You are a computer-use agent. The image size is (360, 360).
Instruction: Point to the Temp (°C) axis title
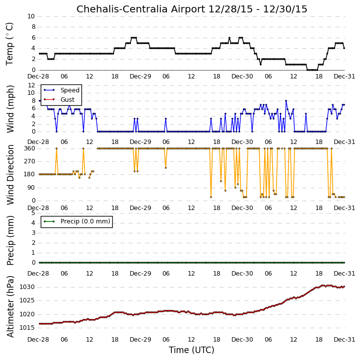point(9,44)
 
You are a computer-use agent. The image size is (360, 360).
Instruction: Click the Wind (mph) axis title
point(10,109)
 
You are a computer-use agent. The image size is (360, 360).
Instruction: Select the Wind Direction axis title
point(10,175)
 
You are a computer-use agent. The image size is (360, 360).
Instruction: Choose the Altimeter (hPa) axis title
point(10,307)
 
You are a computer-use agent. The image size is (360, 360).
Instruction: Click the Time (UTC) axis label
point(192,350)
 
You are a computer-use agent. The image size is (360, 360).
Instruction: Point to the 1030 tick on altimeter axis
point(27,287)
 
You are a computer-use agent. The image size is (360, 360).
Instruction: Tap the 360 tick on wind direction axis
point(30,148)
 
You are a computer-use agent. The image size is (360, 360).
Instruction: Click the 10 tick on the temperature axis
point(31,16)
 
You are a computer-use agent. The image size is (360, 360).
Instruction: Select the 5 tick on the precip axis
point(33,213)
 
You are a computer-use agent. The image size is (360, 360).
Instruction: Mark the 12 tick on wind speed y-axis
point(31,85)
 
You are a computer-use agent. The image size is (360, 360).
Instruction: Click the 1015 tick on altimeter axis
point(27,328)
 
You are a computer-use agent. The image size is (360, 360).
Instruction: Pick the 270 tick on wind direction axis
point(30,161)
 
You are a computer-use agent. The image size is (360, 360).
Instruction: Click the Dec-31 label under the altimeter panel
point(345,340)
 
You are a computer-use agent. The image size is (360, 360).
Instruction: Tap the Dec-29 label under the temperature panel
point(141,76)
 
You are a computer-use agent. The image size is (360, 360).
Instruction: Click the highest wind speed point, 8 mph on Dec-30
point(286,101)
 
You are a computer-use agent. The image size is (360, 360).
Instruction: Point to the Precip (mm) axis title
point(10,241)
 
